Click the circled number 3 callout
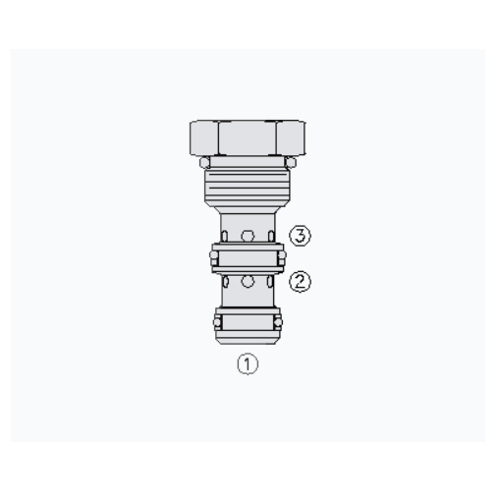point(300,236)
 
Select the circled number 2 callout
point(300,282)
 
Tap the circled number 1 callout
point(248,363)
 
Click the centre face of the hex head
point(248,138)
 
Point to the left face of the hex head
point(204,138)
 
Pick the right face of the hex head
point(291,138)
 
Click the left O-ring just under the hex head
point(204,162)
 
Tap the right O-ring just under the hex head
point(290,162)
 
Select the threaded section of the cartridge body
point(248,186)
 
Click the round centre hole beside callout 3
point(248,236)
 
